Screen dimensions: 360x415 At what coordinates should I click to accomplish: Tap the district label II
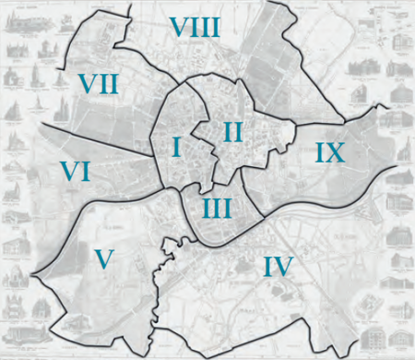231,132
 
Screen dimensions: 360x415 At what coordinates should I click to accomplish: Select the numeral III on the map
216,208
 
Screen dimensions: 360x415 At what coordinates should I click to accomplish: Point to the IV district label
278,267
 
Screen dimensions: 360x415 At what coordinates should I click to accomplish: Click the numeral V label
104,259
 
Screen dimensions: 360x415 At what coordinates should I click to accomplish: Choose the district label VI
75,172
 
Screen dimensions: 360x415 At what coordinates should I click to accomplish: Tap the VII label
97,84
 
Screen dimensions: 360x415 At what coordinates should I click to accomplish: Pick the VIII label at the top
195,27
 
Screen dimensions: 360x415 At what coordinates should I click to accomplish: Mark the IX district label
327,152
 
